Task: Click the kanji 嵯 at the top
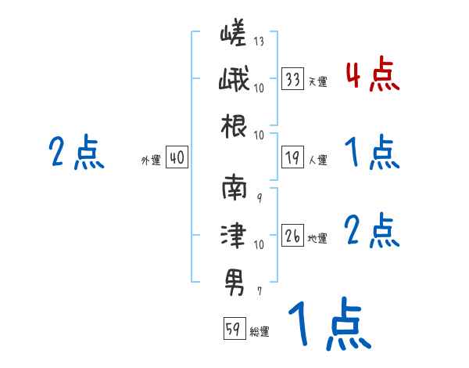pos(234,36)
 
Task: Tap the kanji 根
pos(234,124)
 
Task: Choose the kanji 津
pos(234,234)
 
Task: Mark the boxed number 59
pos(233,330)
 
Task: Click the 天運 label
pos(317,81)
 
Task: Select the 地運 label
pos(317,237)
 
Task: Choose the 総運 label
pos(259,332)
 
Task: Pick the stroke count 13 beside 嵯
pos(259,41)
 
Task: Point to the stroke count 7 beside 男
pos(259,290)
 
